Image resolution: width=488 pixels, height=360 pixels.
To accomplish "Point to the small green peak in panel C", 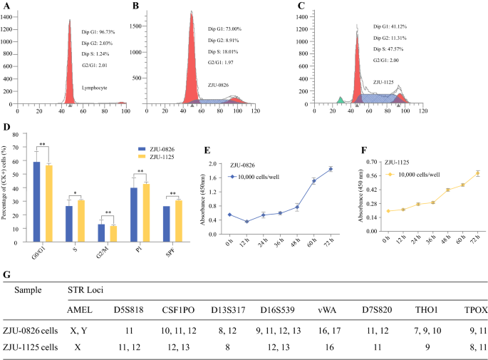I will point(341,100).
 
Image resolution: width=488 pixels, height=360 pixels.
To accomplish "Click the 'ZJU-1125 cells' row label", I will point(36,348).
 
